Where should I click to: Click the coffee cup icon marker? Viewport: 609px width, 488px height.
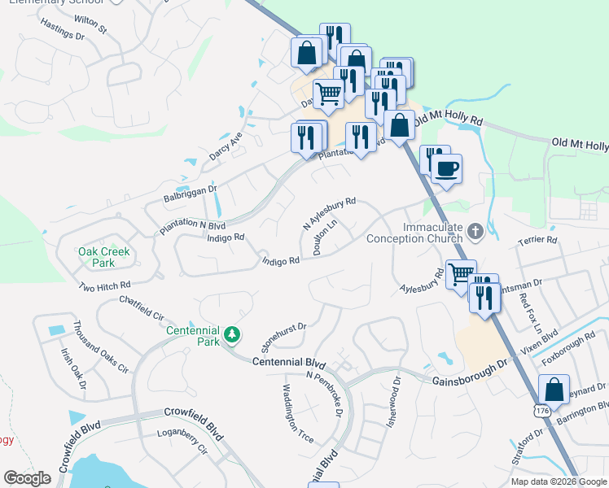445,169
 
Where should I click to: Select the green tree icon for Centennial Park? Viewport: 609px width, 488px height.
232,334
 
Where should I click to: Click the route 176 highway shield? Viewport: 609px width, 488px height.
540,412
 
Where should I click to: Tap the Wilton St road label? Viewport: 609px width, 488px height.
90,24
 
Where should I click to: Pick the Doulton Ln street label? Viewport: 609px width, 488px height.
326,237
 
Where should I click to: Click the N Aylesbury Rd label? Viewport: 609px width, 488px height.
330,213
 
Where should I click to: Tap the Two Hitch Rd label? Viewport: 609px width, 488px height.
104,286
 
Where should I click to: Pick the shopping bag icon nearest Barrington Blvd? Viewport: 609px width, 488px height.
554,390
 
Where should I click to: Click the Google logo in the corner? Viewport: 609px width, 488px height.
27,478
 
